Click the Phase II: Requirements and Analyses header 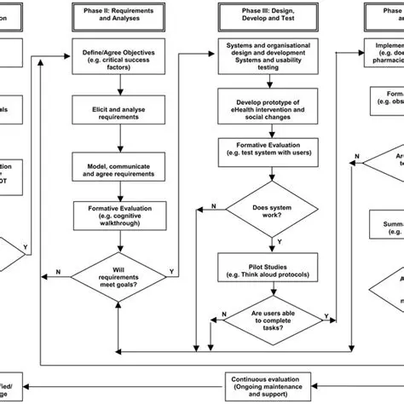(121, 14)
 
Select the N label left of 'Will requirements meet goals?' (58, 272)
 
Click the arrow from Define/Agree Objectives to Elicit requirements (121, 88)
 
